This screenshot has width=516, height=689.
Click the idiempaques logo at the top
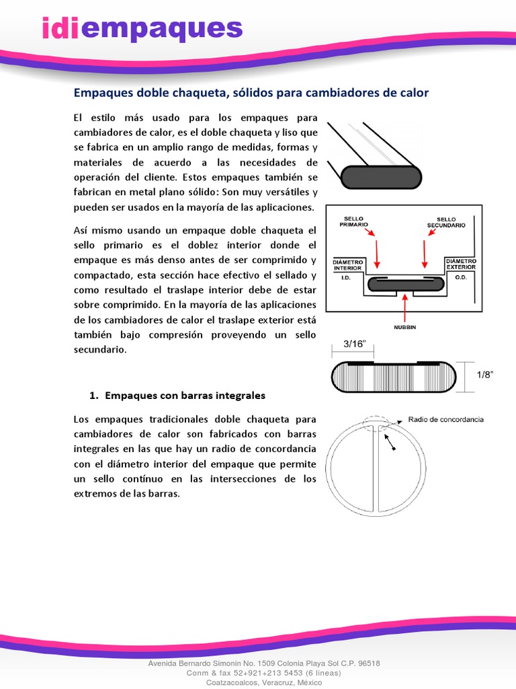pos(141,28)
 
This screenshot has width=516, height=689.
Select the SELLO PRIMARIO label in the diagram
pos(353,222)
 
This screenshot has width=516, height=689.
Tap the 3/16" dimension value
pos(354,344)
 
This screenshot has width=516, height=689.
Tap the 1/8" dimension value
pos(484,375)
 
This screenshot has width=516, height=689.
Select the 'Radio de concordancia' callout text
pos(445,419)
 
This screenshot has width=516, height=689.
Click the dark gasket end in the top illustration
pos(381,177)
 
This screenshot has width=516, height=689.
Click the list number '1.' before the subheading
pos(94,395)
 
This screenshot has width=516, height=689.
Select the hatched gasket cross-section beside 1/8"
pos(393,375)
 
